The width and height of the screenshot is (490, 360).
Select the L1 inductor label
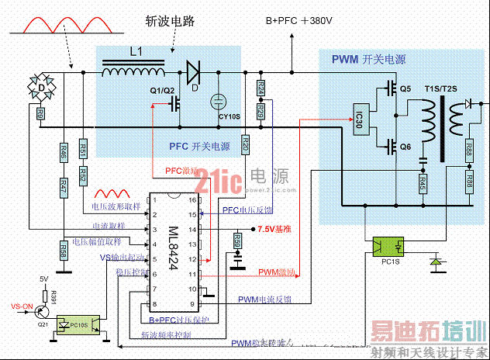136,52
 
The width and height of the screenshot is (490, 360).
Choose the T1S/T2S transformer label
441,89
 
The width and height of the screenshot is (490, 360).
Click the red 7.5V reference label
273,230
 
